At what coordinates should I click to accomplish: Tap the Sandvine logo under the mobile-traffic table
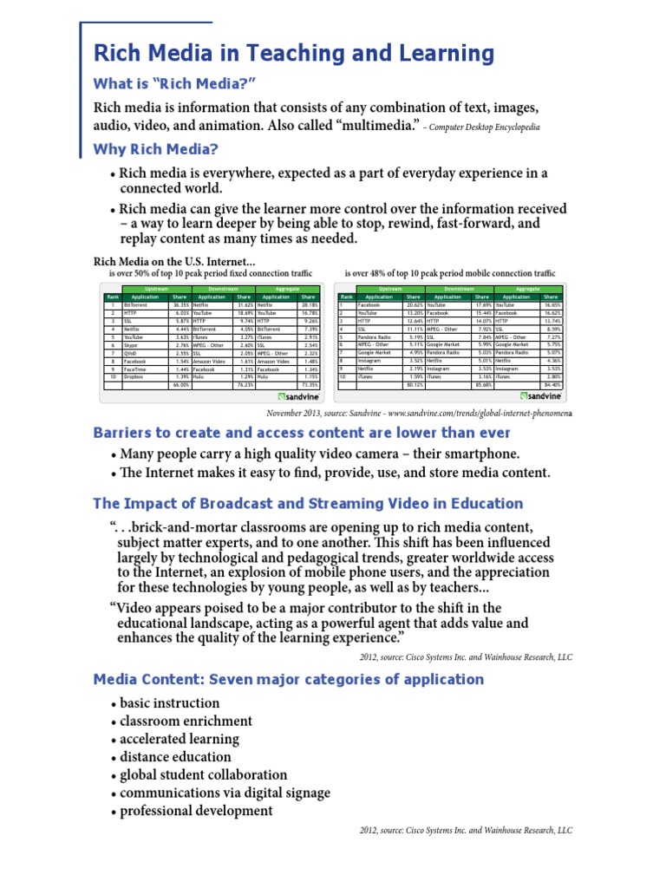point(542,395)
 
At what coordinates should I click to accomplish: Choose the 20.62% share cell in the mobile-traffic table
point(415,305)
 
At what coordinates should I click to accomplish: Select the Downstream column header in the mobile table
point(459,289)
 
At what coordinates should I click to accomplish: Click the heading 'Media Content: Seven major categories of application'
point(288,679)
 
